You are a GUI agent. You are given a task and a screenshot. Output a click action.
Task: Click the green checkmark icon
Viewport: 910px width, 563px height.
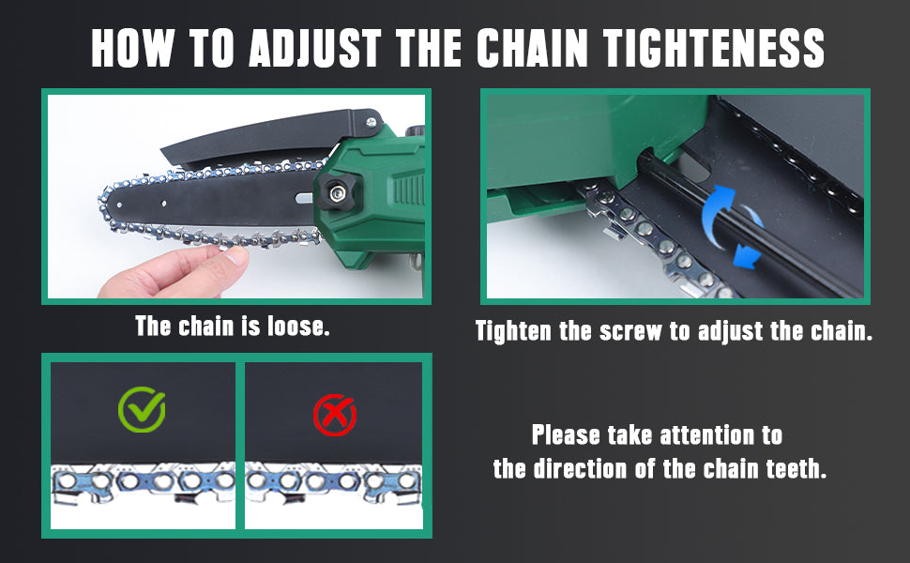pos(142,409)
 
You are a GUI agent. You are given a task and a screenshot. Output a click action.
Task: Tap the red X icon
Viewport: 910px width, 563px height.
pos(335,415)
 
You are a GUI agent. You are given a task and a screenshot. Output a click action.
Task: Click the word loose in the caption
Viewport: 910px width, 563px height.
pos(298,327)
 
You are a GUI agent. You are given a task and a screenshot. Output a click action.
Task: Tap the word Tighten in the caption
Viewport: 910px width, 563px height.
pos(513,331)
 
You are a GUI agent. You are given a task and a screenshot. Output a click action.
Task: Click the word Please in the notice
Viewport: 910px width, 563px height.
pos(566,435)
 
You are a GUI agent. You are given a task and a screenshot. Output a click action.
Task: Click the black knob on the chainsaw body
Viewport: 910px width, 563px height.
pos(337,192)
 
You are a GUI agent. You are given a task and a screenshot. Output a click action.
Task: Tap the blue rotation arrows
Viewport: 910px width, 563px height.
pos(732,226)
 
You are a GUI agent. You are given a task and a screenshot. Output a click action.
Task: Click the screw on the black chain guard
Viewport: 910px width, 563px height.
pos(371,122)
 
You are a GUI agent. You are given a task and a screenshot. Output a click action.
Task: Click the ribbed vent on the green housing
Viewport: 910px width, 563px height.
pos(409,190)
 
